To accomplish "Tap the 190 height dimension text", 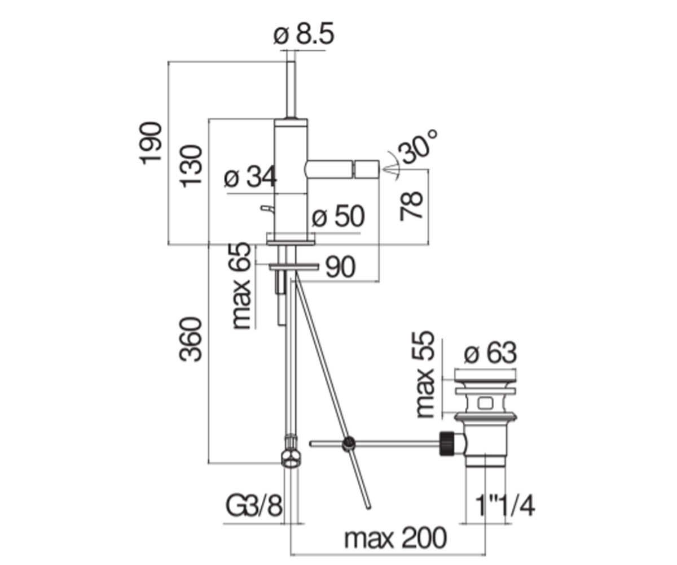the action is [150, 143].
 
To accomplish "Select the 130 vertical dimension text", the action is [191, 166].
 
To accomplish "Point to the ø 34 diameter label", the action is [250, 177].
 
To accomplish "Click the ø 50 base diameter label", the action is [338, 216].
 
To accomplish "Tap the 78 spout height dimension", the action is [411, 206].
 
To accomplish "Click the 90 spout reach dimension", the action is [340, 267].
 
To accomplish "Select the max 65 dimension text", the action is [242, 286].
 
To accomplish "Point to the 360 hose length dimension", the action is [191, 340].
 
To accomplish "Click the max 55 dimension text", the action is [425, 375].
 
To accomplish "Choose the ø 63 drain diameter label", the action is [490, 353].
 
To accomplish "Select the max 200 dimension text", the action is [395, 538].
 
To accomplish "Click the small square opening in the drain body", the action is [485, 403].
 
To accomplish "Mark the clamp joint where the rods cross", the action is [349, 443].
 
